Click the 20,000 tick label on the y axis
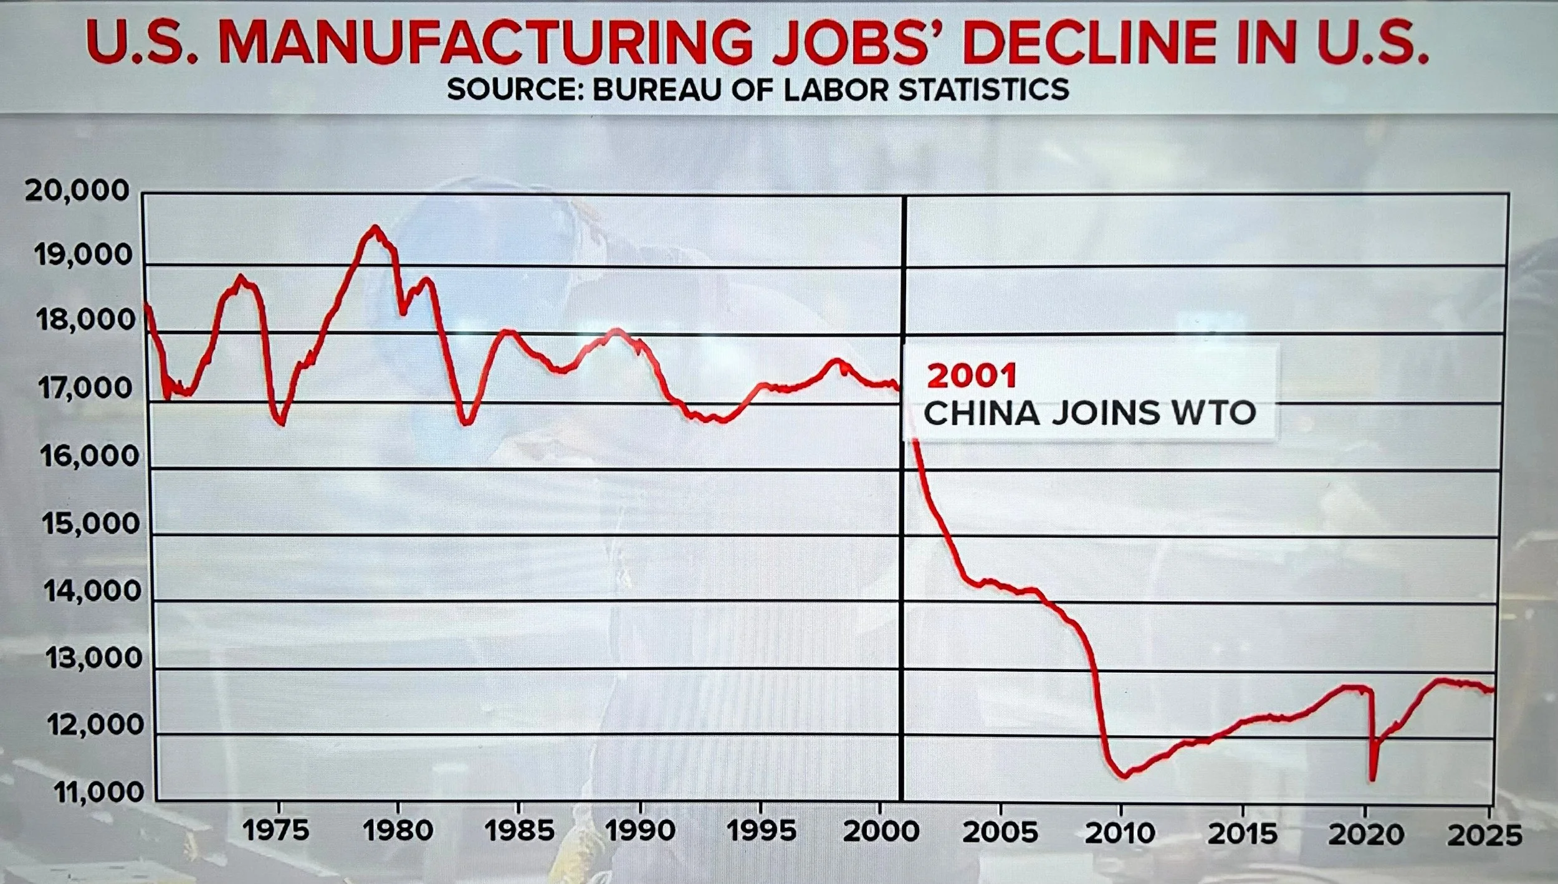[77, 191]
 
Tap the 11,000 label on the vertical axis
[99, 792]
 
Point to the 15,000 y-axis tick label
[91, 523]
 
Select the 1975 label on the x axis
[275, 831]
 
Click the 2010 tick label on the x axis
[1120, 833]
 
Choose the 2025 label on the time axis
[1484, 835]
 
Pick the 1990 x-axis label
[640, 831]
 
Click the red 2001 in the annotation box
[972, 376]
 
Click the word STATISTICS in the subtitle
[983, 90]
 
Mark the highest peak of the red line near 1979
[374, 227]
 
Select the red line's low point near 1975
[282, 424]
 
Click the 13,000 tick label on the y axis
[94, 658]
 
